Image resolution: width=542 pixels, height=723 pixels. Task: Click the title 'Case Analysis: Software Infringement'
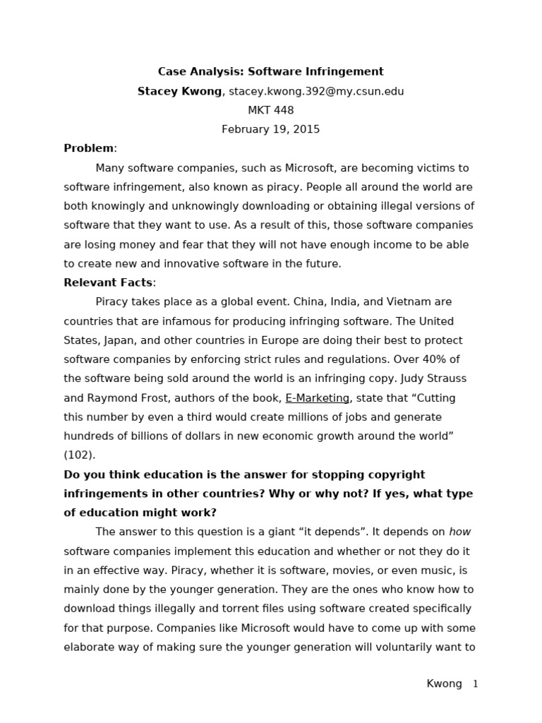point(270,71)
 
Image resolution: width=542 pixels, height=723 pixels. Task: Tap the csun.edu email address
point(316,91)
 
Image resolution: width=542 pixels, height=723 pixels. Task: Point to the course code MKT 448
point(270,110)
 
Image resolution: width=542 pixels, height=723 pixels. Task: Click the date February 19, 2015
point(270,129)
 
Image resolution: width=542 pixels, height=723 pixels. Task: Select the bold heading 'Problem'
point(88,148)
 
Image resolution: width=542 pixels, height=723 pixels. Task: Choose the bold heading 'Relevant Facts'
point(108,282)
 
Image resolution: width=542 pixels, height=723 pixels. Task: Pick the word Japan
point(118,340)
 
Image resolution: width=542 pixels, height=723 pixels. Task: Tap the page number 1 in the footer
point(475,684)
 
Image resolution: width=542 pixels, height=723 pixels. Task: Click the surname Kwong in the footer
point(445,684)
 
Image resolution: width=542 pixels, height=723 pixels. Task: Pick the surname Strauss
point(447,378)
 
